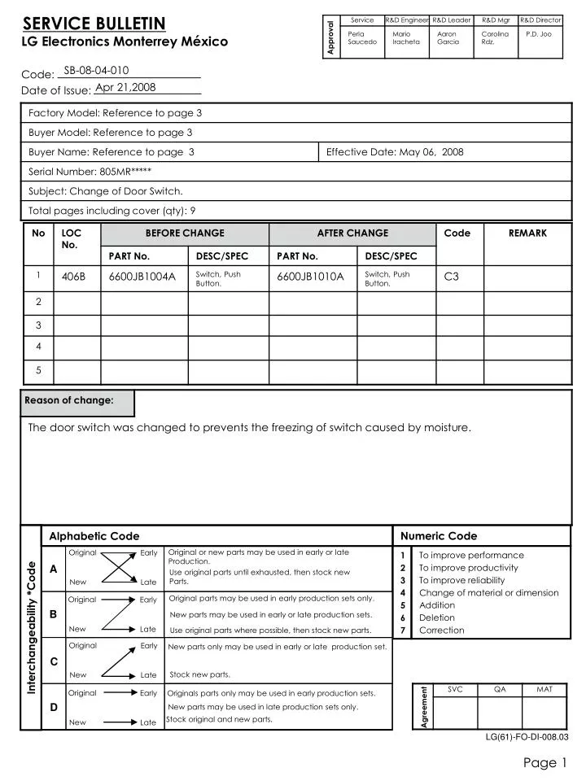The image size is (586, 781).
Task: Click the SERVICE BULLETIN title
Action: (94, 23)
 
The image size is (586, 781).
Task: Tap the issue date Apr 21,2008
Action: (125, 88)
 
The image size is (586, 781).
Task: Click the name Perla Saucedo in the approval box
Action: (361, 38)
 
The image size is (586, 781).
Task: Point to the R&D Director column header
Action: (541, 20)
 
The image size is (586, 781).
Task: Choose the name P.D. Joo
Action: (538, 34)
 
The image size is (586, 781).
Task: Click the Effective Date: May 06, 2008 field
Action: (395, 152)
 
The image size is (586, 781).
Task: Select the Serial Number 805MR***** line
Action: (90, 172)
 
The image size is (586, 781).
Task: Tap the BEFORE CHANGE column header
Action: (185, 233)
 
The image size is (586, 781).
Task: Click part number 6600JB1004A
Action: (142, 277)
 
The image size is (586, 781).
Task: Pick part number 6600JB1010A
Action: (310, 277)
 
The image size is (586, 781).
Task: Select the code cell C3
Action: (452, 277)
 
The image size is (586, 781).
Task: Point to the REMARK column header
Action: (527, 233)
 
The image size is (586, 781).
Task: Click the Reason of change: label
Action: (69, 400)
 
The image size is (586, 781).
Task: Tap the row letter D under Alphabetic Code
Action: (53, 707)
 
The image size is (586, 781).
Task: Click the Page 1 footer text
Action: (544, 762)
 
